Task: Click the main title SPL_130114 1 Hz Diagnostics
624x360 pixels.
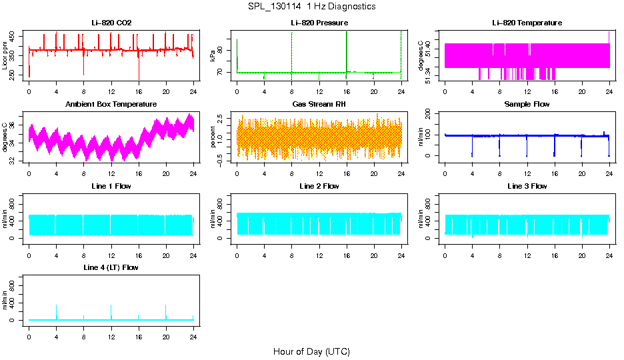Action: [x=311, y=7]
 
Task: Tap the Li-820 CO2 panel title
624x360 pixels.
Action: [x=111, y=23]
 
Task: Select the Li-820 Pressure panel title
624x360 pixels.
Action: [x=319, y=23]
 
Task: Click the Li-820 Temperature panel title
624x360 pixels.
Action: [x=527, y=23]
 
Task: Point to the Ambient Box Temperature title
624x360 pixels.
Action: [x=111, y=105]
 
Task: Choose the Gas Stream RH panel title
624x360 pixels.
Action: [x=319, y=105]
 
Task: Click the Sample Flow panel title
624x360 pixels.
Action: [x=527, y=105]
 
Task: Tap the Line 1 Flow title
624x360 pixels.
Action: [x=111, y=186]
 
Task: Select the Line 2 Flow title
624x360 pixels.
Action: [x=319, y=186]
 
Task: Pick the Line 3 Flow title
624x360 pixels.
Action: [x=527, y=186]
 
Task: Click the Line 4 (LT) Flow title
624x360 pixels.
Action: [x=111, y=267]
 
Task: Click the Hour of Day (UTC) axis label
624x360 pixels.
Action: [x=311, y=351]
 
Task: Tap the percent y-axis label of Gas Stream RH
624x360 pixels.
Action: [x=213, y=137]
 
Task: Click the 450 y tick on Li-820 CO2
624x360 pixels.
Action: [x=14, y=37]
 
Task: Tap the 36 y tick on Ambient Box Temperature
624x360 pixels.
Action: [x=14, y=125]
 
